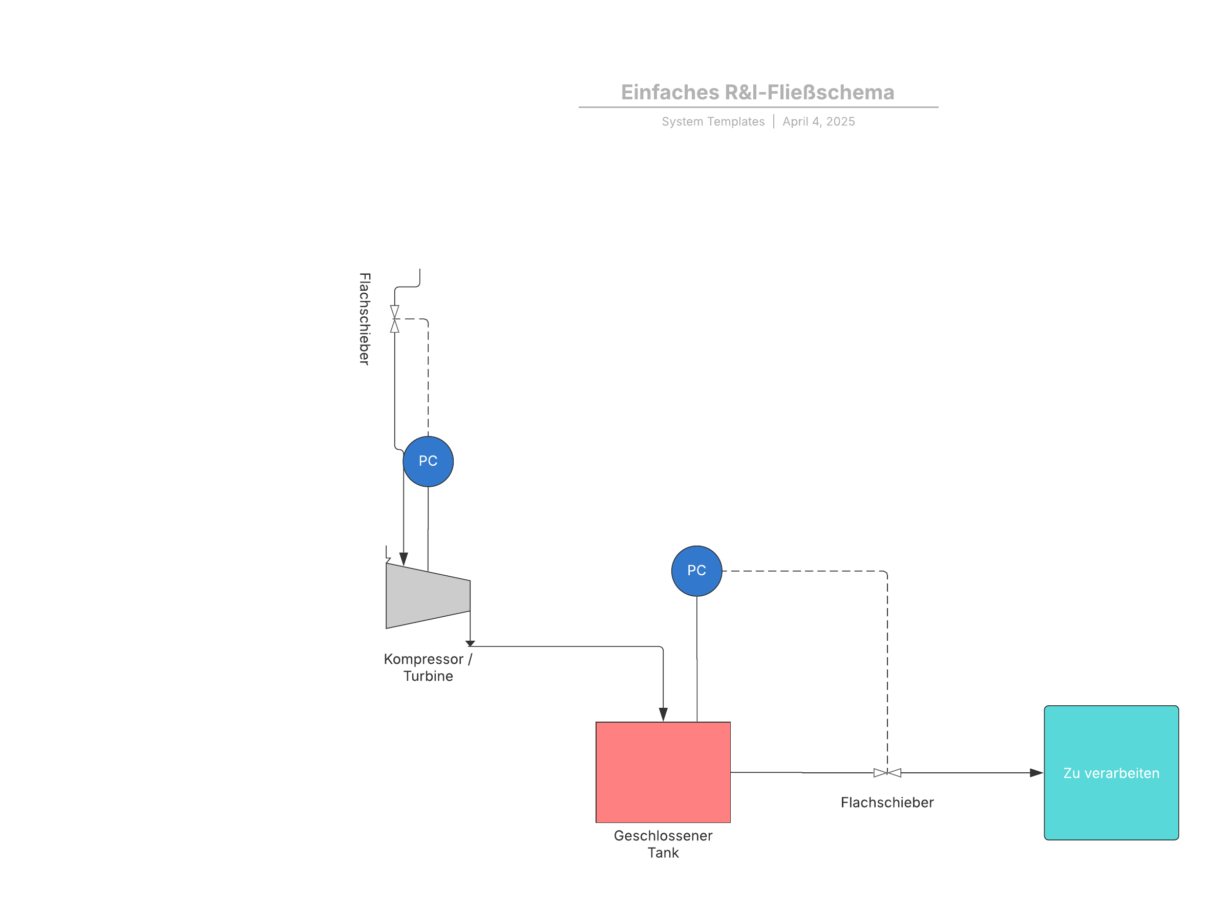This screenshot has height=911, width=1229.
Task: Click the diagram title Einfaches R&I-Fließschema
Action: [x=757, y=92]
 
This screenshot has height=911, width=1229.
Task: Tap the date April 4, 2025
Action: [x=819, y=121]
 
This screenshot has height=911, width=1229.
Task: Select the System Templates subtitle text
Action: [x=713, y=121]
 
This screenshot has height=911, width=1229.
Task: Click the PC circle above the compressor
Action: [x=428, y=462]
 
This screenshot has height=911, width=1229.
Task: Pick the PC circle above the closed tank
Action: [x=697, y=571]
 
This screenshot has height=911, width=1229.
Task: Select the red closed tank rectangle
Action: [x=663, y=772]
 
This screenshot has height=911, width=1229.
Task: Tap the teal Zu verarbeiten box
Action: [x=1111, y=773]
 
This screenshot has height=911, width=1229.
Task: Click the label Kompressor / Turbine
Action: [x=428, y=667]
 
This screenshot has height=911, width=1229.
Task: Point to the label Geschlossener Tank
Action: [x=663, y=844]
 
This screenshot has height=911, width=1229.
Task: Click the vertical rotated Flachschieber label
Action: [x=365, y=319]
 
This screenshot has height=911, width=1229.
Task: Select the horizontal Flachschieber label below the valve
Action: [x=887, y=802]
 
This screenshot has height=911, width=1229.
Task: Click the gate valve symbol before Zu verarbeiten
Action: [x=887, y=773]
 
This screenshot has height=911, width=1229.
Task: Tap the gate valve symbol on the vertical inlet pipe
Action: [x=394, y=319]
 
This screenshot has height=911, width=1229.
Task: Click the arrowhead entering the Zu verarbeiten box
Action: [x=1036, y=773]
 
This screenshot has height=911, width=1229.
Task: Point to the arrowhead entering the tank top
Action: [x=663, y=714]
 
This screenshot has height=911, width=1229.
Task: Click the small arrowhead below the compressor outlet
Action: [x=470, y=643]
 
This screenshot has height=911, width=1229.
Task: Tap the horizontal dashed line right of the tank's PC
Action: [x=800, y=571]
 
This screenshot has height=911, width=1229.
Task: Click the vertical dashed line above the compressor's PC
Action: [x=428, y=380]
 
